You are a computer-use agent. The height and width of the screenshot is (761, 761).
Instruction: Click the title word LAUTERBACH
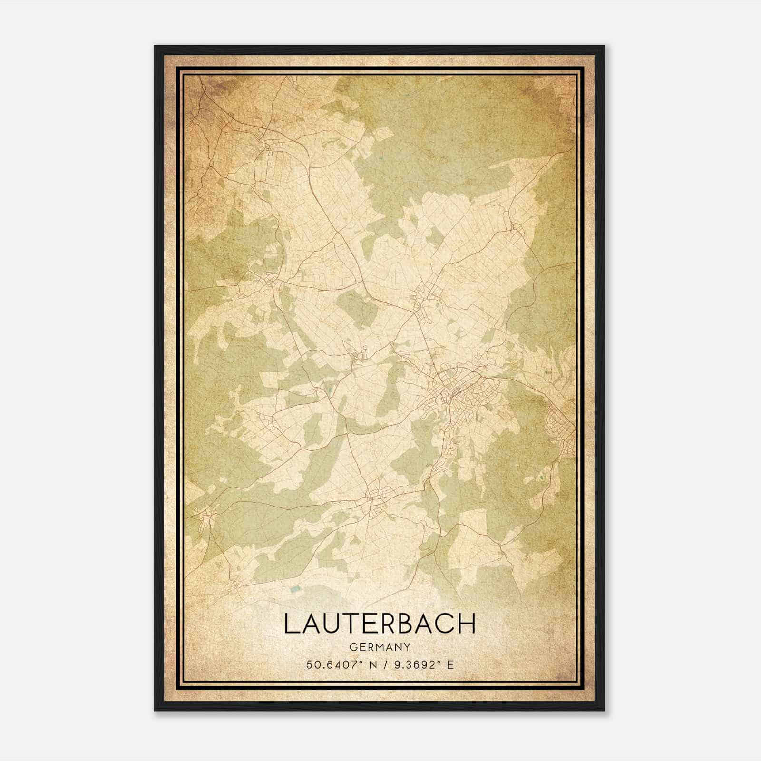pyautogui.click(x=380, y=624)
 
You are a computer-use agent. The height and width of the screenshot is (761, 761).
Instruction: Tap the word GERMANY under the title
pyautogui.click(x=380, y=647)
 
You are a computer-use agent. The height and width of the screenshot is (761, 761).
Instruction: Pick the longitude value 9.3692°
pyautogui.click(x=413, y=664)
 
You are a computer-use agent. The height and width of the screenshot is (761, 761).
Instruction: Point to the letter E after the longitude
pyautogui.click(x=450, y=664)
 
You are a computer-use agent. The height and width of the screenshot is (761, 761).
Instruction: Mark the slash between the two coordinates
pyautogui.click(x=384, y=664)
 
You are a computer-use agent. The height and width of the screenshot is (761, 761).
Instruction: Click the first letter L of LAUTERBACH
pyautogui.click(x=291, y=624)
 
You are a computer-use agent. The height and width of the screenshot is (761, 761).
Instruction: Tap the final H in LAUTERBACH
pyautogui.click(x=467, y=624)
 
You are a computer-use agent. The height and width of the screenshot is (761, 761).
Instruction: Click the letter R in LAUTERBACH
pyautogui.click(x=380, y=624)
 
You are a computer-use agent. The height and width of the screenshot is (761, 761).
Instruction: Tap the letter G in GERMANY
pyautogui.click(x=352, y=647)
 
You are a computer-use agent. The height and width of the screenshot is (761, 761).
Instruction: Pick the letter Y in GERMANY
pyautogui.click(x=407, y=647)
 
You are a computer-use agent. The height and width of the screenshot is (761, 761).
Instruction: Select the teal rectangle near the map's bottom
pyautogui.click(x=295, y=590)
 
